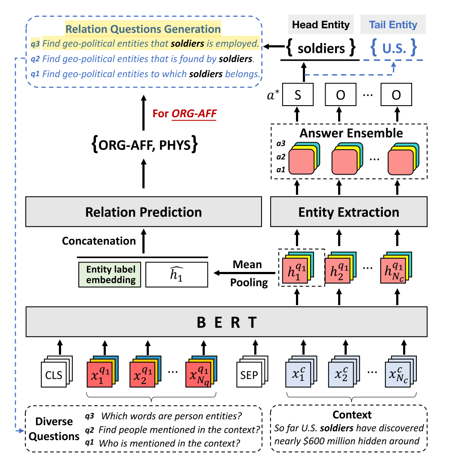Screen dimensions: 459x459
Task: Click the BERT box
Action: [x=227, y=322]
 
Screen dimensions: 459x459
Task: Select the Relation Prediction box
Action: [x=143, y=212]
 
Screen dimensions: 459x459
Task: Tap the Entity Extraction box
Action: [x=348, y=212]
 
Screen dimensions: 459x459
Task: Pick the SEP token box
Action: [x=249, y=375]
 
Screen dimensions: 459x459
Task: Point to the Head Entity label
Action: [x=321, y=25]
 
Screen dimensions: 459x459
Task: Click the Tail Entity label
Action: [x=393, y=25]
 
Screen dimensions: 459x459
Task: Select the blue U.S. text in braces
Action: [x=393, y=48]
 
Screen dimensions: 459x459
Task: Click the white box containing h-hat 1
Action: [x=176, y=275]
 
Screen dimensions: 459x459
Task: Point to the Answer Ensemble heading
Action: [x=351, y=133]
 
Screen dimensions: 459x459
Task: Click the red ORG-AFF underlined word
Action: [x=194, y=114]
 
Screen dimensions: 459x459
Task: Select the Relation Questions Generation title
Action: [x=143, y=29]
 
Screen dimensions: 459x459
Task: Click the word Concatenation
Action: [x=99, y=241]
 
